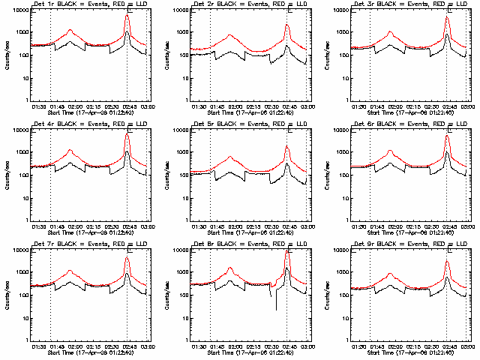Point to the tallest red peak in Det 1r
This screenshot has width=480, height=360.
pos(127,14)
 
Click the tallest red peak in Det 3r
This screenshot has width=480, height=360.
pos(448,14)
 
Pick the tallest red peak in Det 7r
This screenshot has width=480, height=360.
pos(127,257)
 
